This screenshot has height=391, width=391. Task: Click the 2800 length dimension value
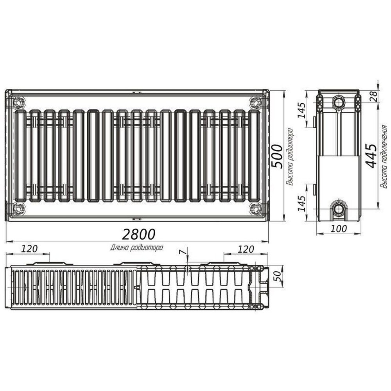pyautogui.click(x=139, y=234)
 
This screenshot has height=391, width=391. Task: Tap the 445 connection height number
pyautogui.click(x=371, y=156)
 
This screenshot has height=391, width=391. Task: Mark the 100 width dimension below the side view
pyautogui.click(x=338, y=229)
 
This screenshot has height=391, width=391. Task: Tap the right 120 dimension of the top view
pyautogui.click(x=246, y=249)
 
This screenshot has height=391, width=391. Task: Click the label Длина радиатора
pyautogui.click(x=137, y=247)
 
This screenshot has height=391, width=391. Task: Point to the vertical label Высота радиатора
pyautogui.click(x=289, y=156)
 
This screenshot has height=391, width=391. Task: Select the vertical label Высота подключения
pyautogui.click(x=384, y=156)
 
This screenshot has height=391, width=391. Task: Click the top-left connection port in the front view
pyautogui.click(x=18, y=103)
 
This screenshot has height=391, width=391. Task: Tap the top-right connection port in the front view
pyautogui.click(x=256, y=102)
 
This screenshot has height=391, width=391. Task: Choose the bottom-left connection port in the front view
pyautogui.click(x=18, y=209)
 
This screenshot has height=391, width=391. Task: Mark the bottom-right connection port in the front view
pyautogui.click(x=256, y=209)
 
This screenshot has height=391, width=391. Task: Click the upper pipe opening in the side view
pyautogui.click(x=339, y=103)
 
